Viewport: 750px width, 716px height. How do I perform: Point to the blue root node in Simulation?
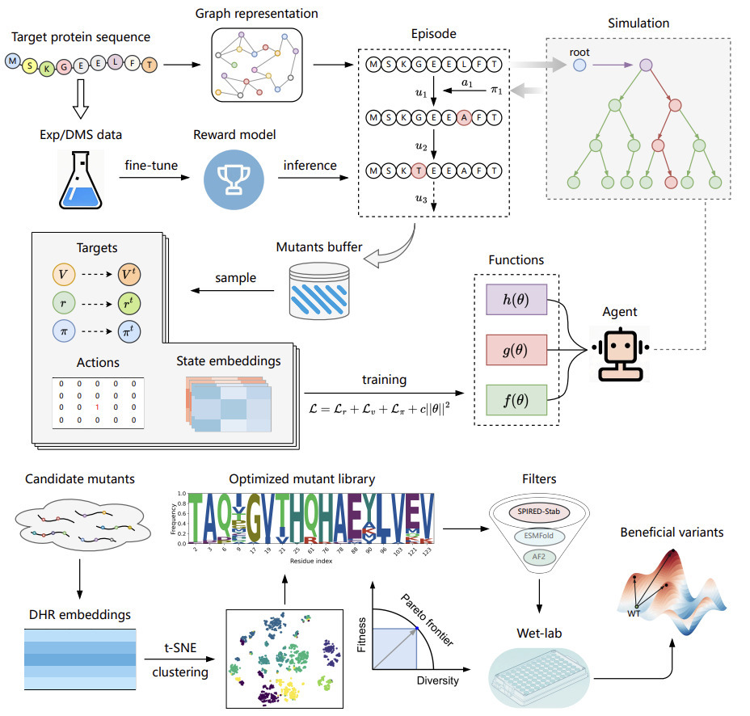pos(579,63)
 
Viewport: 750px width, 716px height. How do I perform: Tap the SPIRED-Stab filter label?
pos(538,513)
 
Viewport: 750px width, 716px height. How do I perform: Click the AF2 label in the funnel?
pos(538,557)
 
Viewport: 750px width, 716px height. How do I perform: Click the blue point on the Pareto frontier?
pos(415,628)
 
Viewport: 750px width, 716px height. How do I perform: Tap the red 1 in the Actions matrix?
pos(95,408)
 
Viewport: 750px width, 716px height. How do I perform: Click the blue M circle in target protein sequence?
pos(13,60)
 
